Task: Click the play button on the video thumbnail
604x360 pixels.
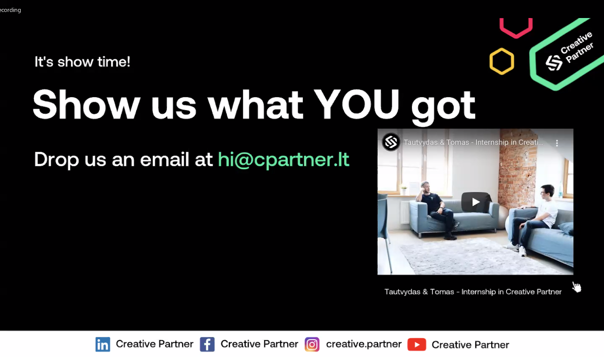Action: pyautogui.click(x=476, y=202)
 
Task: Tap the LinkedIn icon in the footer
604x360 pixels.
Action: pyautogui.click(x=103, y=345)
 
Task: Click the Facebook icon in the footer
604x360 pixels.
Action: pyautogui.click(x=207, y=345)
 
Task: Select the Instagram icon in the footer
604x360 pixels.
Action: pyautogui.click(x=312, y=345)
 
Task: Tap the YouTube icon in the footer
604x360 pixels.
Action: pyautogui.click(x=417, y=345)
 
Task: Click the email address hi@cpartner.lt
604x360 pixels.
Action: pyautogui.click(x=284, y=159)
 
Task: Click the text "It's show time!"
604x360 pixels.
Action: pyautogui.click(x=82, y=62)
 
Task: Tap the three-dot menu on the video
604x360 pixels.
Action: pyautogui.click(x=557, y=143)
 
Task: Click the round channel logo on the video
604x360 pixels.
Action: pyautogui.click(x=391, y=142)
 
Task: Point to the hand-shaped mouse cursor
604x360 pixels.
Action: pyautogui.click(x=577, y=287)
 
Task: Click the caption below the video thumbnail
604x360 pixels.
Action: pyautogui.click(x=473, y=292)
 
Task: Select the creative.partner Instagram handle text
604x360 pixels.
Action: pyautogui.click(x=364, y=344)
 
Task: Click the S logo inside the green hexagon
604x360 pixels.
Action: pyautogui.click(x=554, y=63)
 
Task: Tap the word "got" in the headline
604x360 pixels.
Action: pyautogui.click(x=443, y=107)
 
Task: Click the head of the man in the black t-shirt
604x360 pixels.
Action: pyautogui.click(x=425, y=188)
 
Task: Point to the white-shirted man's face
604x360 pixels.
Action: pyautogui.click(x=545, y=192)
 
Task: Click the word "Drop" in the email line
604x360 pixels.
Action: pyautogui.click(x=57, y=160)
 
